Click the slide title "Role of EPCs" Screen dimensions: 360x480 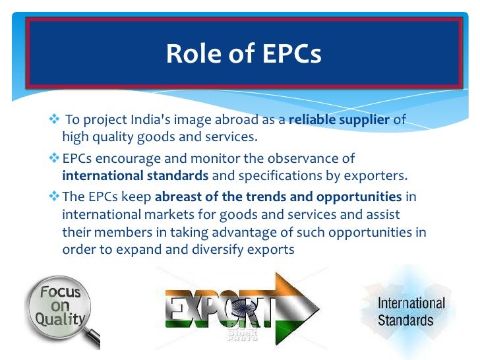(243, 53)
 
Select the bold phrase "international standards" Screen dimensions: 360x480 (135, 175)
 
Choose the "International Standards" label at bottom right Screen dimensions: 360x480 (411, 313)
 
